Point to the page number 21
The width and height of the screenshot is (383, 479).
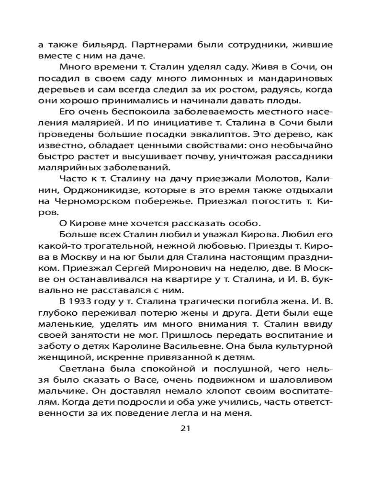(186, 428)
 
